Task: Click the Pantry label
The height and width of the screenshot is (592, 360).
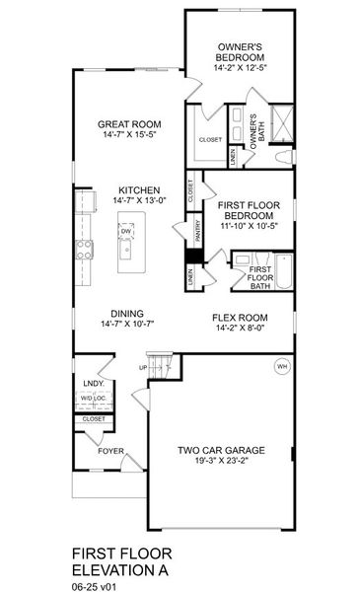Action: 198,231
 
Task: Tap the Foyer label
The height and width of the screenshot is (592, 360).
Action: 110,451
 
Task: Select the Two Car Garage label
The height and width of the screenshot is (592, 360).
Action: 219,452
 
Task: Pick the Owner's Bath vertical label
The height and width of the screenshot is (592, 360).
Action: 254,132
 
